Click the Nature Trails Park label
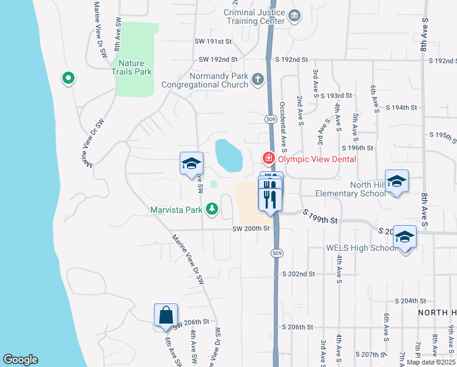[135, 67]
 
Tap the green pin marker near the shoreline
[68, 78]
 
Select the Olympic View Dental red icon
[268, 158]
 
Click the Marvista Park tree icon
[212, 210]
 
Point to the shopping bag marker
[166, 315]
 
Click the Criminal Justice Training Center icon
[295, 15]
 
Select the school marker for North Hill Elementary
[397, 181]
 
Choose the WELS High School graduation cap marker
[404, 237]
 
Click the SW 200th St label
[250, 229]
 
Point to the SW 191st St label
[213, 42]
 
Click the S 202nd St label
[298, 274]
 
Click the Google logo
[20, 360]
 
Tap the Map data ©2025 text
[431, 362]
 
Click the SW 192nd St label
[218, 59]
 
